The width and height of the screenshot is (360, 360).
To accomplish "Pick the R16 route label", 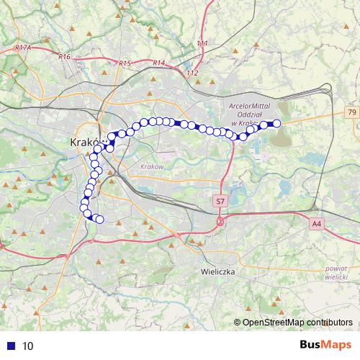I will pyautogui.click(x=65, y=56).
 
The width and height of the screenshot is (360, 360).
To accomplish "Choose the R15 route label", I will pyautogui.click(x=125, y=63).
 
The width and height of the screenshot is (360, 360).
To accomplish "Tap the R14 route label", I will pyautogui.click(x=158, y=63).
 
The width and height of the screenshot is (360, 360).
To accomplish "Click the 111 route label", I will pyautogui.click(x=202, y=44).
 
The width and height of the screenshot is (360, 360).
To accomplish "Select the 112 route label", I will pyautogui.click(x=192, y=73).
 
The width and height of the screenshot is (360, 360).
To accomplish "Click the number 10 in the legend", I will pyautogui.click(x=27, y=346).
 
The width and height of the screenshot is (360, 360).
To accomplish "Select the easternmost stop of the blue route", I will pyautogui.click(x=276, y=124).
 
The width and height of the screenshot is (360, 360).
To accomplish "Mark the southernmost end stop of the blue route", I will pyautogui.click(x=99, y=220).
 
